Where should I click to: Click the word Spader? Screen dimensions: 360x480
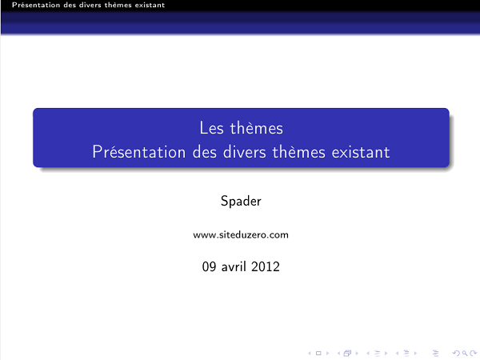241,201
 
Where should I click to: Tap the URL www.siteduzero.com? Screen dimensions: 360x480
241,235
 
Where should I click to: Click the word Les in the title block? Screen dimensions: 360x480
210,127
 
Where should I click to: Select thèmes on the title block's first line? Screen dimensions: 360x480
256,127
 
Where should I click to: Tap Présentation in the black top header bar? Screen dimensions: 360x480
25,5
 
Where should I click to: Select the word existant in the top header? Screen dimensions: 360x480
148,5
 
